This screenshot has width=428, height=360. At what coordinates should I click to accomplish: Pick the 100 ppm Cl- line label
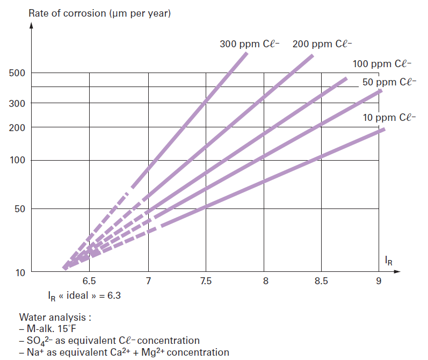tap(382, 64)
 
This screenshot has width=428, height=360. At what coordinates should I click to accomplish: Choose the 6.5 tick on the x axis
tap(89, 281)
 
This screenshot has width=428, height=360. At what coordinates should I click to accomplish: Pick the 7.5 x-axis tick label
tap(205, 281)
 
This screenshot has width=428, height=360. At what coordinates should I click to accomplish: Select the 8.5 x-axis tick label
tap(321, 281)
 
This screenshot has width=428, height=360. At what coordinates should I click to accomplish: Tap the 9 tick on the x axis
tap(379, 281)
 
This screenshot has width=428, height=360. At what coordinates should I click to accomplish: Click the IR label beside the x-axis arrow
tap(388, 261)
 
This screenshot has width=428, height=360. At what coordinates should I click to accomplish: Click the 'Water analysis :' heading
tap(55, 318)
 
